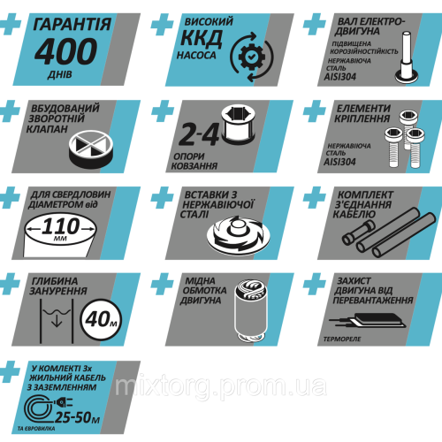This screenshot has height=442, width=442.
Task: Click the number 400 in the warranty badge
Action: click(65, 52)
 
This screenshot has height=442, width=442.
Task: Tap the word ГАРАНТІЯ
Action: click(72, 24)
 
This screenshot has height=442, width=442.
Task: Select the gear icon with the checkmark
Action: click(251, 57)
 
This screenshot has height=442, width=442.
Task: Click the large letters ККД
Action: click(202, 38)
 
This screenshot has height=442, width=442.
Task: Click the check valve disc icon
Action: click(91, 149)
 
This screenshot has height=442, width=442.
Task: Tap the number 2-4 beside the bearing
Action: click(199, 134)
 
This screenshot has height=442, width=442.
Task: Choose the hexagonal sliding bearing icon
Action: click(239, 125)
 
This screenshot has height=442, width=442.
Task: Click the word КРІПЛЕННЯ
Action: click(362, 118)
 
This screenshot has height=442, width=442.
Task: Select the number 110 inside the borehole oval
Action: click(61, 226)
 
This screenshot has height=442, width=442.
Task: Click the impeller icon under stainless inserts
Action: click(239, 236)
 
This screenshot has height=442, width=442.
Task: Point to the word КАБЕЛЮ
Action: click(354, 215)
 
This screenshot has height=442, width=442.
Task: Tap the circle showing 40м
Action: click(101, 319)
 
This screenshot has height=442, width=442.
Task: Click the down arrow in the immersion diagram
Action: click(57, 320)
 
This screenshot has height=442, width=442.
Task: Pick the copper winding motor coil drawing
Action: click(251, 310)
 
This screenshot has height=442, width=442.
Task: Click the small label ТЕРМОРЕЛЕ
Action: click(342, 339)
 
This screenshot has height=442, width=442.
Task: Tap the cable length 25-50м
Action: click(78, 417)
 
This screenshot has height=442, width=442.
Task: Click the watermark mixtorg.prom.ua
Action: click(221, 385)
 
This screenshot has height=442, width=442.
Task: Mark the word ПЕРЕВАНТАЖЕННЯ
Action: click(373, 301)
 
